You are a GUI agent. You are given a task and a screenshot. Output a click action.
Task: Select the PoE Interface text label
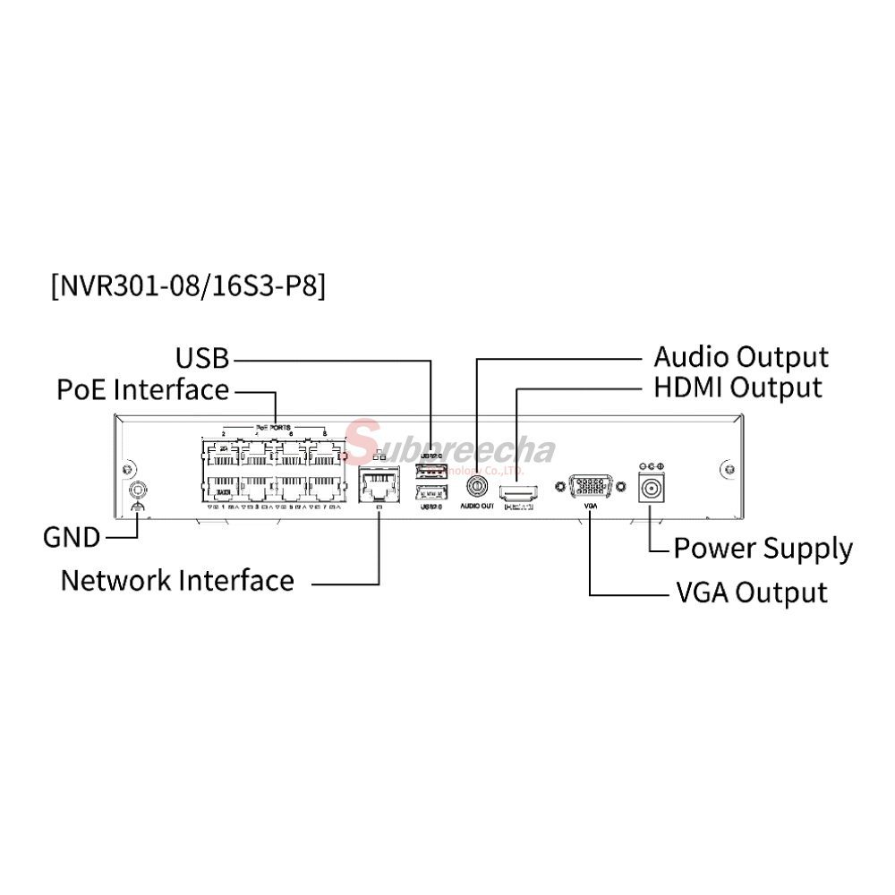(x=142, y=390)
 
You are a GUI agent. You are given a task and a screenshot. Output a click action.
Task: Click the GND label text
(x=71, y=538)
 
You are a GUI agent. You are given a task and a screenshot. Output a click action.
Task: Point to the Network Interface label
(x=177, y=580)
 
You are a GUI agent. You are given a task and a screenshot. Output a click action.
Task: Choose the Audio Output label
(x=741, y=357)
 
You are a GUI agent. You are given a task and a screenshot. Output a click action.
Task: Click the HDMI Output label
(x=737, y=388)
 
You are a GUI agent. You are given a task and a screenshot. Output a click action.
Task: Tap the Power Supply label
(x=763, y=548)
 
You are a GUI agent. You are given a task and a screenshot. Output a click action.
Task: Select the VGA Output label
(x=750, y=592)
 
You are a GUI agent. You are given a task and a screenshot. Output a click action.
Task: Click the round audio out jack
(x=477, y=487)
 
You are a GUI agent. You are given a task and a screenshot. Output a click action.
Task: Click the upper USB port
(x=431, y=470)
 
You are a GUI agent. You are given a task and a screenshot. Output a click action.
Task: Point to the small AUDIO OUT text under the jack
(x=477, y=507)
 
